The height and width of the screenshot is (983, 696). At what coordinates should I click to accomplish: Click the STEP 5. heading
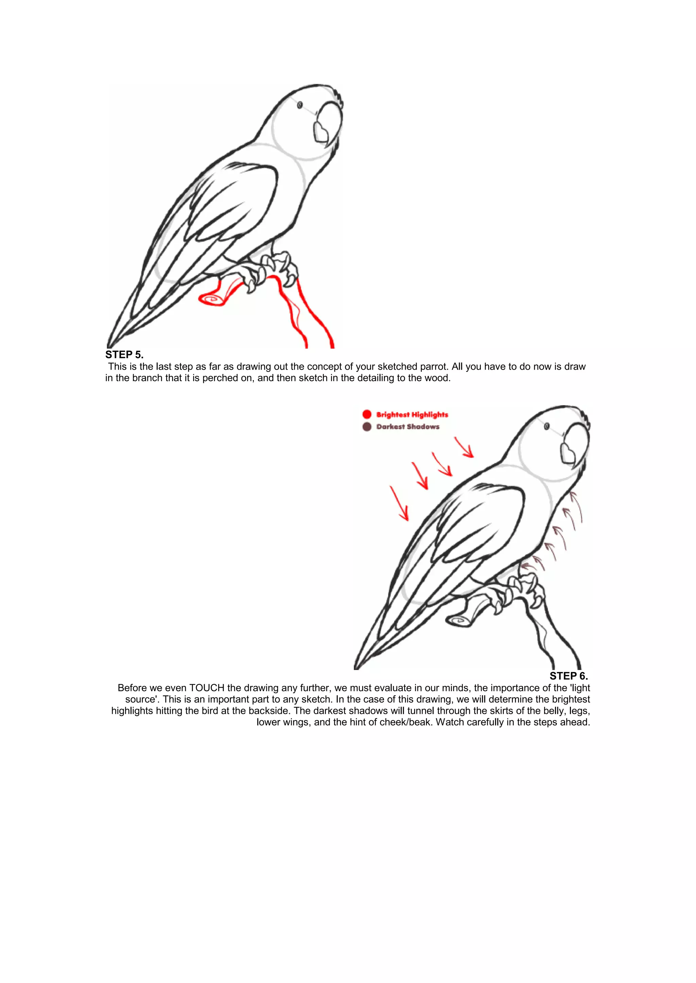tap(124, 354)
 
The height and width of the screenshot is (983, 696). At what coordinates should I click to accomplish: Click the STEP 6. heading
tap(568, 676)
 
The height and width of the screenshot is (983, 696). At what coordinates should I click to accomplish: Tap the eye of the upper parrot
tap(300, 105)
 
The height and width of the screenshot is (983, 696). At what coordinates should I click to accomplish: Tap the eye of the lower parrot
tap(547, 426)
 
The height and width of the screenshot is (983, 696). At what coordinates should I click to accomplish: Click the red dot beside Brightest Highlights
tap(366, 414)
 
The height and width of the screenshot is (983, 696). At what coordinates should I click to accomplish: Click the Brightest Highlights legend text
tap(412, 414)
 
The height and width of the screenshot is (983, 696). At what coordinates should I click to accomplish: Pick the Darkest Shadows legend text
tap(407, 426)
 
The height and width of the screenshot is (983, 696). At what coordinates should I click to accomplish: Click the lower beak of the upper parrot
tap(320, 132)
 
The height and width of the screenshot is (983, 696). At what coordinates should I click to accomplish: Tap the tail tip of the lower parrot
tap(356, 667)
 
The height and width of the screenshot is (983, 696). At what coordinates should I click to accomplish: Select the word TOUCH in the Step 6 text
tap(207, 688)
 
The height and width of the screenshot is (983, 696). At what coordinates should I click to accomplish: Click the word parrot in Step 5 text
tap(433, 367)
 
